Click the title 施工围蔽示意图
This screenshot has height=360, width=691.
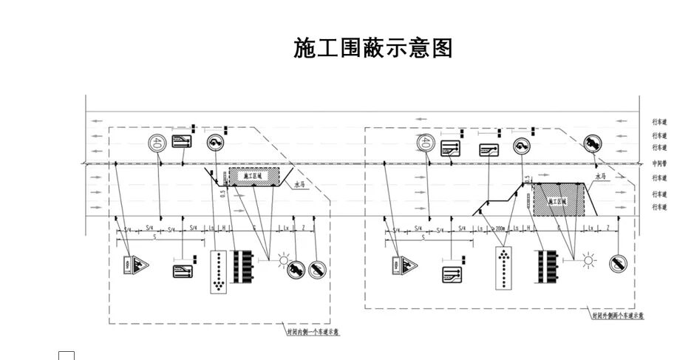click(x=372, y=49)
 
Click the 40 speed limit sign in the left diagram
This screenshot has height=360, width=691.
click(x=156, y=143)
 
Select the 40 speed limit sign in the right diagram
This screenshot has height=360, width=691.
click(x=425, y=143)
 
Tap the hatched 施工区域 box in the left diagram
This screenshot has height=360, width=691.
click(x=253, y=176)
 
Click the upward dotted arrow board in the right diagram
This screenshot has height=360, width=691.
click(x=504, y=268)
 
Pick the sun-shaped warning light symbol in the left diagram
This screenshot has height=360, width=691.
click(x=283, y=259)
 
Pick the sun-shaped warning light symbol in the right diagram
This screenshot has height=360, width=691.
click(x=588, y=259)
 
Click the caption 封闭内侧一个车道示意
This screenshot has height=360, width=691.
click(x=313, y=332)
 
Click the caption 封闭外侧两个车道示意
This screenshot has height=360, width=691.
click(x=617, y=316)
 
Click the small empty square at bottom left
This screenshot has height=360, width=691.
click(x=67, y=356)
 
